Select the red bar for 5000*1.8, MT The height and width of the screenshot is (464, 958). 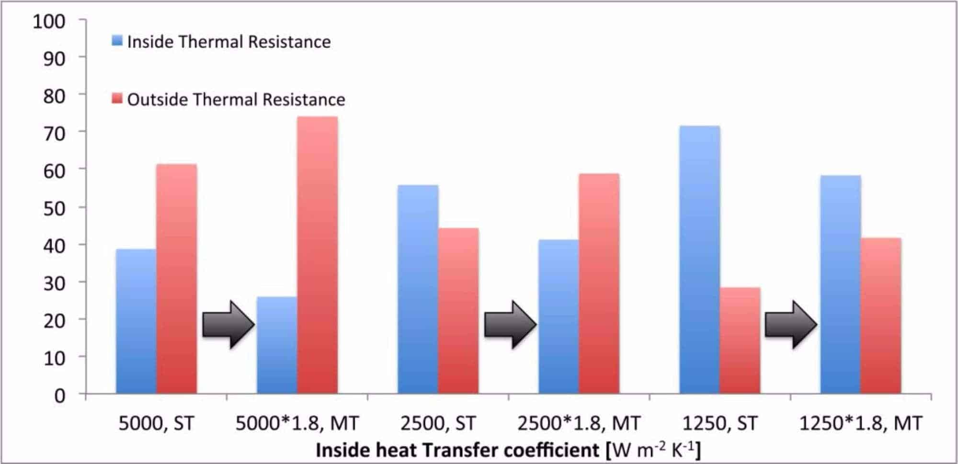point(317,255)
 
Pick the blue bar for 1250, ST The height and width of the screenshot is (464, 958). point(699,260)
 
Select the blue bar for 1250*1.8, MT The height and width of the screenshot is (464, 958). point(840,284)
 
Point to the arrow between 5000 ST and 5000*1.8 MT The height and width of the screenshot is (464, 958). point(228,325)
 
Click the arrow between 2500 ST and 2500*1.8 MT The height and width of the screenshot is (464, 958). point(510,325)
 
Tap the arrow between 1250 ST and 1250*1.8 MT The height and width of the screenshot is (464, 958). point(790,325)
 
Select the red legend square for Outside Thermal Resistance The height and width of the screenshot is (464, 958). point(117,98)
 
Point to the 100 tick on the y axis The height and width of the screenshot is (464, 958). point(49,22)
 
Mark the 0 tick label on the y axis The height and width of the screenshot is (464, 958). point(59,396)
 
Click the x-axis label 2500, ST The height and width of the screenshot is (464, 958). point(438,423)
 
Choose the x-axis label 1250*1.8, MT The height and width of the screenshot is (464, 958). point(860,423)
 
